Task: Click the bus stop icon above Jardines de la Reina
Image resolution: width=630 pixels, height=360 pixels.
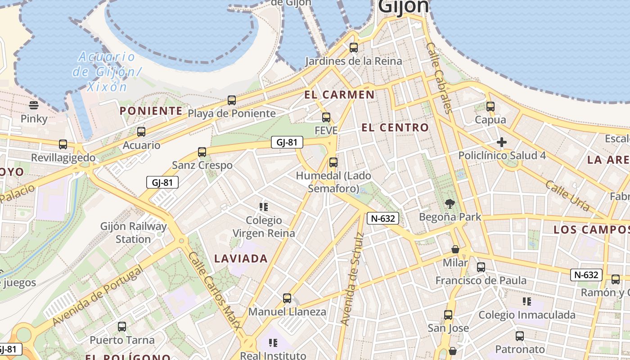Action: pos(354,47)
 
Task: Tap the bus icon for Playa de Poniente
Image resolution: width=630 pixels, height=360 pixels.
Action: pos(232,100)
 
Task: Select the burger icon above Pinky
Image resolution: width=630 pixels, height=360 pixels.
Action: pos(34,105)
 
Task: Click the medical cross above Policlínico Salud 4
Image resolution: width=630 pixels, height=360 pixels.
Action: pos(502,143)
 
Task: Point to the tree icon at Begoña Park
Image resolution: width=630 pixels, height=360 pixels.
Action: pos(450,204)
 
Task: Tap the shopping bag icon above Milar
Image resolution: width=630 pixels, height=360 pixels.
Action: pos(455,249)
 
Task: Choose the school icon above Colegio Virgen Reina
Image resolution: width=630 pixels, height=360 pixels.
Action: pos(264,207)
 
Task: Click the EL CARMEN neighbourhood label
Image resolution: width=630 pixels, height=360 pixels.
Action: pos(339,94)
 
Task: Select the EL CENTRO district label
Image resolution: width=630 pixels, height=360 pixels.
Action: pos(395,128)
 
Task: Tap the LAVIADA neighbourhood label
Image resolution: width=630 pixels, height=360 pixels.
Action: pos(241,258)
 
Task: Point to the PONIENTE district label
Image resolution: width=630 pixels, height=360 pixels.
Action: pos(151,111)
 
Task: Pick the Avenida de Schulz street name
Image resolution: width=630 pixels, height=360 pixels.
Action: pos(352,279)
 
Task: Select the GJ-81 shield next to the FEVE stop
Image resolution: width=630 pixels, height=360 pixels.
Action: pos(287,143)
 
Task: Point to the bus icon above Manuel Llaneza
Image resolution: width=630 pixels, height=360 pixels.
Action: pos(287,298)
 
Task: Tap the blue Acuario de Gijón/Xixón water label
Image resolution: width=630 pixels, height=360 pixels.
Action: pos(107,72)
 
